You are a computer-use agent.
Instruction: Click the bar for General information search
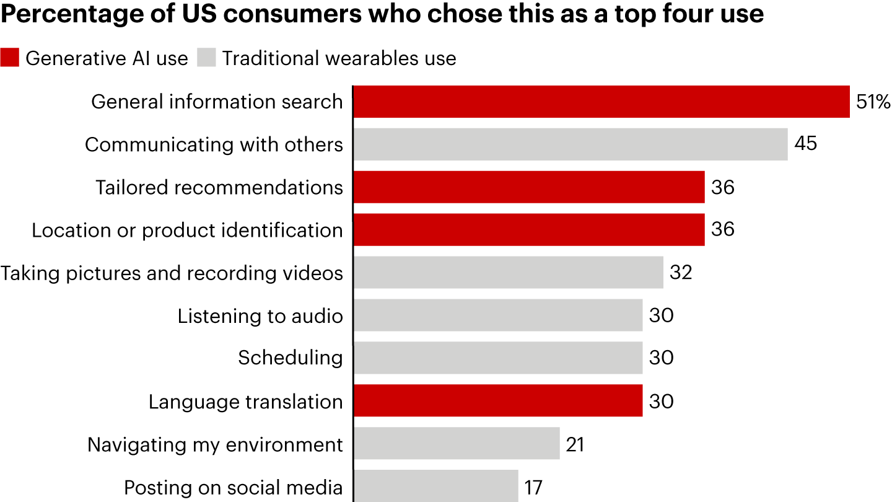coord(601,102)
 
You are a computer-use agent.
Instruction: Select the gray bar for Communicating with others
coord(570,144)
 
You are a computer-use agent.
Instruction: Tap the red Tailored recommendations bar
coord(528,187)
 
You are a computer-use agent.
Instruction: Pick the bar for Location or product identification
coord(528,230)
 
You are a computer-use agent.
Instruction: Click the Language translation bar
coord(497,401)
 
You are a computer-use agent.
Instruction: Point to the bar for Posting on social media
coord(435,487)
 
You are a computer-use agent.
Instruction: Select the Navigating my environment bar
coord(456,444)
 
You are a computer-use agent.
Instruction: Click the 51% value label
coord(873,102)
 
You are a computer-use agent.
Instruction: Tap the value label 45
coord(806,144)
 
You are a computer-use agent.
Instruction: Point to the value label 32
coord(681,273)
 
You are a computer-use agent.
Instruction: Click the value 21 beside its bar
coord(574,444)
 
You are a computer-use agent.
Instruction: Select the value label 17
coord(533,487)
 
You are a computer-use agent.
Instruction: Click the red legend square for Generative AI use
coord(10,58)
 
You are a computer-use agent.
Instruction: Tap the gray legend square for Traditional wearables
coord(207,58)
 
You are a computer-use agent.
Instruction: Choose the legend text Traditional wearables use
coord(339,58)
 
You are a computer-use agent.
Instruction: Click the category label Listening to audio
coord(260,316)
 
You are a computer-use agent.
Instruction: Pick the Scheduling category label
coord(291,358)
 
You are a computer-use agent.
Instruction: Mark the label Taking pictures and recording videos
coord(172,273)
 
